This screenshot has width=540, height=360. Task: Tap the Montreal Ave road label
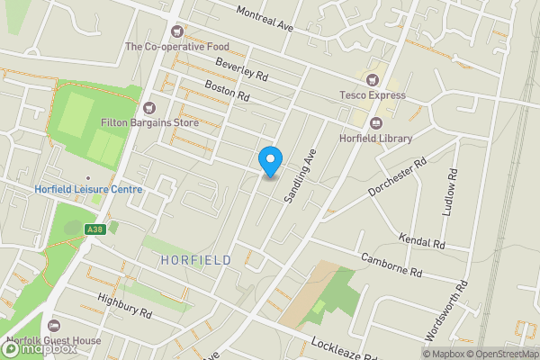(x=265, y=19)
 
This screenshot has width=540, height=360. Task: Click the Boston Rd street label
(x=227, y=90)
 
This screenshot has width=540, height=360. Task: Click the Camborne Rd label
(x=391, y=265)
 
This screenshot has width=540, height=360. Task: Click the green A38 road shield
(x=96, y=230)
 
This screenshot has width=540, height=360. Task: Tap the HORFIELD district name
(x=195, y=260)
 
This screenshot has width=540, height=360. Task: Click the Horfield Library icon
(x=375, y=123)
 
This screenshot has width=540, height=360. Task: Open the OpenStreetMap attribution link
(x=501, y=354)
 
